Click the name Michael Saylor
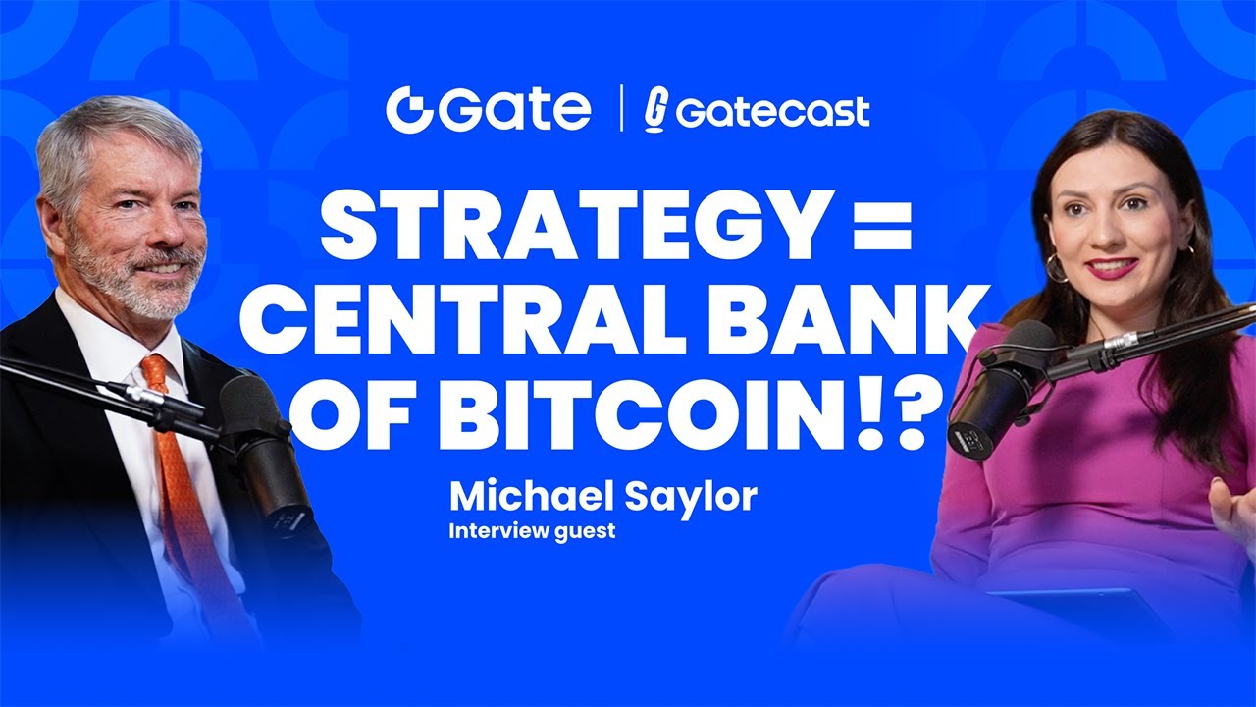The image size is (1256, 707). pyautogui.click(x=602, y=496)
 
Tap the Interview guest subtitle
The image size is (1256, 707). pyautogui.click(x=532, y=532)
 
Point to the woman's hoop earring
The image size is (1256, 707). pyautogui.click(x=1057, y=267)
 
